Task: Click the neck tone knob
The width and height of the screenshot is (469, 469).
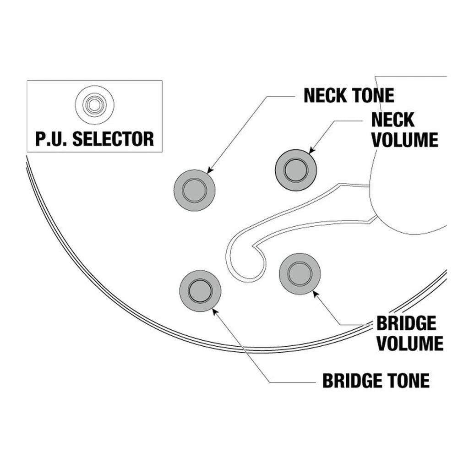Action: click(195, 190)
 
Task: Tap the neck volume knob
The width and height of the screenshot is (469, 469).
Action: click(295, 170)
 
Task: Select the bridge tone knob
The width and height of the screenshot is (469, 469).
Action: click(200, 291)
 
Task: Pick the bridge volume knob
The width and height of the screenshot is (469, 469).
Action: click(300, 274)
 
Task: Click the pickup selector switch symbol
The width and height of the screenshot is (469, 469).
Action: click(94, 105)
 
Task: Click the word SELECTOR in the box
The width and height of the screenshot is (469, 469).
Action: click(113, 139)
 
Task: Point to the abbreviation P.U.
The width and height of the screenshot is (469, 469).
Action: click(52, 139)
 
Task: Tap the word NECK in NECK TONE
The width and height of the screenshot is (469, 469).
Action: click(325, 95)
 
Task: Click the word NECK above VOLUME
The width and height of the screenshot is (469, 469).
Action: click(393, 120)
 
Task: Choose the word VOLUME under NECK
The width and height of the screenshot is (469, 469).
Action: click(404, 140)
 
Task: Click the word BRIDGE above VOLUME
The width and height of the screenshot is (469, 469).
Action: click(406, 323)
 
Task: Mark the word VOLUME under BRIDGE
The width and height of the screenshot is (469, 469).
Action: click(410, 343)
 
